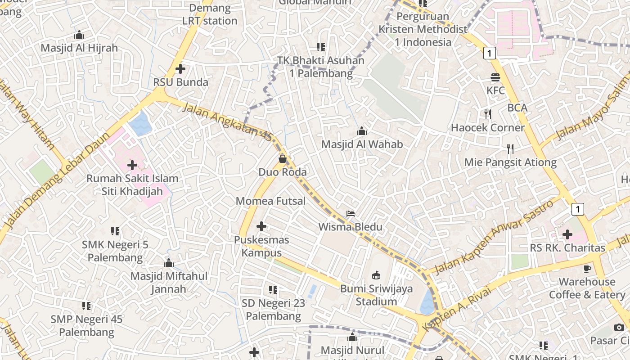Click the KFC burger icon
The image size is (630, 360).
pyautogui.click(x=495, y=77)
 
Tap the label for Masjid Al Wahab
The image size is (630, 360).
pyautogui.click(x=362, y=144)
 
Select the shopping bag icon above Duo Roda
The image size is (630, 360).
pyautogui.click(x=283, y=159)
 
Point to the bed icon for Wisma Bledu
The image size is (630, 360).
pyautogui.click(x=351, y=213)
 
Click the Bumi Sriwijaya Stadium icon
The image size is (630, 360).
pyautogui.click(x=376, y=275)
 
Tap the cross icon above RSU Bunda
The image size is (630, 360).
pyautogui.click(x=180, y=69)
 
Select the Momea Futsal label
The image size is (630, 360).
pyautogui.click(x=270, y=201)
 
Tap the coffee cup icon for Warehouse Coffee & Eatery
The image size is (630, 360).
pyautogui.click(x=587, y=269)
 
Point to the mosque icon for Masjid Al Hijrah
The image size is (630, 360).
pyautogui.click(x=79, y=35)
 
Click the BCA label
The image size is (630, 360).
pyautogui.click(x=517, y=108)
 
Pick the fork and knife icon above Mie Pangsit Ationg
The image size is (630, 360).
pyautogui.click(x=510, y=149)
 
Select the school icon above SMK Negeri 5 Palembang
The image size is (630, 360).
pyautogui.click(x=115, y=231)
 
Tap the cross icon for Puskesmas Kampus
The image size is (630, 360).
pyautogui.click(x=261, y=226)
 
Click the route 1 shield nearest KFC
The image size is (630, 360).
pyautogui.click(x=490, y=53)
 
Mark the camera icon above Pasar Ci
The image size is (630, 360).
pyautogui.click(x=619, y=327)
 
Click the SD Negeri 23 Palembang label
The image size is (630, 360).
pyautogui.click(x=273, y=310)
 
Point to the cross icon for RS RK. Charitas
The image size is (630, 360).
pyautogui.click(x=567, y=234)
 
